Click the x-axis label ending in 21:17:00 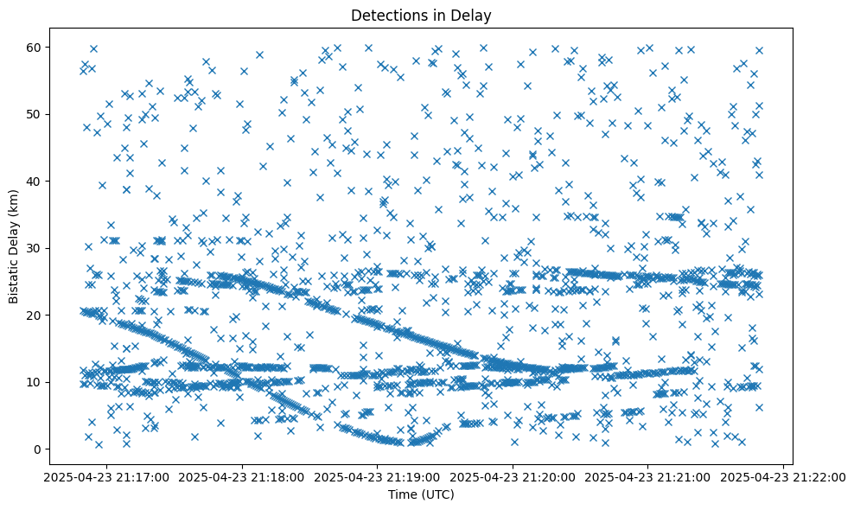click(x=107, y=477)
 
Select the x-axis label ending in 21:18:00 click(x=242, y=477)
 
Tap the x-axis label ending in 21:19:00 click(x=378, y=477)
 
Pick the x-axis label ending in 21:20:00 click(x=513, y=477)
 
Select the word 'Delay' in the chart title click(x=472, y=15)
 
